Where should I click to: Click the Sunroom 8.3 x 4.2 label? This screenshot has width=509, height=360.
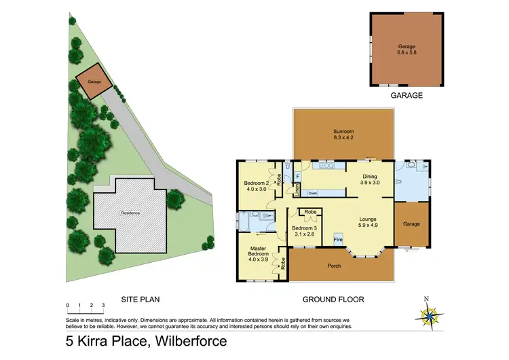[x=343, y=134]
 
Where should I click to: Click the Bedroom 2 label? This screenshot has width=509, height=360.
[x=257, y=186]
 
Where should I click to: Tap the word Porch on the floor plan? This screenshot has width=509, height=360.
[x=334, y=265]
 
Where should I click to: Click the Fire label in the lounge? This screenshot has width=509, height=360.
[x=337, y=238]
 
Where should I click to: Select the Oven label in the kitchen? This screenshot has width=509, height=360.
[x=312, y=193]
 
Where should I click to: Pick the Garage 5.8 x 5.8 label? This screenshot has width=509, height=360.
[x=407, y=50]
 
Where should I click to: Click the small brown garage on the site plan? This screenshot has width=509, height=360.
[x=90, y=81]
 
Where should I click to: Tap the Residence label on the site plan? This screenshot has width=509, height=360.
[x=130, y=213]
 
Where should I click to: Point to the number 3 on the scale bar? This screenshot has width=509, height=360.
[x=103, y=306]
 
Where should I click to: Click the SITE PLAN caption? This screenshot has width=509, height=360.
[x=140, y=299]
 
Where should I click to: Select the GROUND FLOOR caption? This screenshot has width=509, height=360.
[x=333, y=299]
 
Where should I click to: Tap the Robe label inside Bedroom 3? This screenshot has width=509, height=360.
[x=310, y=212]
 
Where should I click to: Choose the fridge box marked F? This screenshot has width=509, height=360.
[x=297, y=177]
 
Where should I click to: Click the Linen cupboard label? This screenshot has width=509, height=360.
[x=297, y=190]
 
